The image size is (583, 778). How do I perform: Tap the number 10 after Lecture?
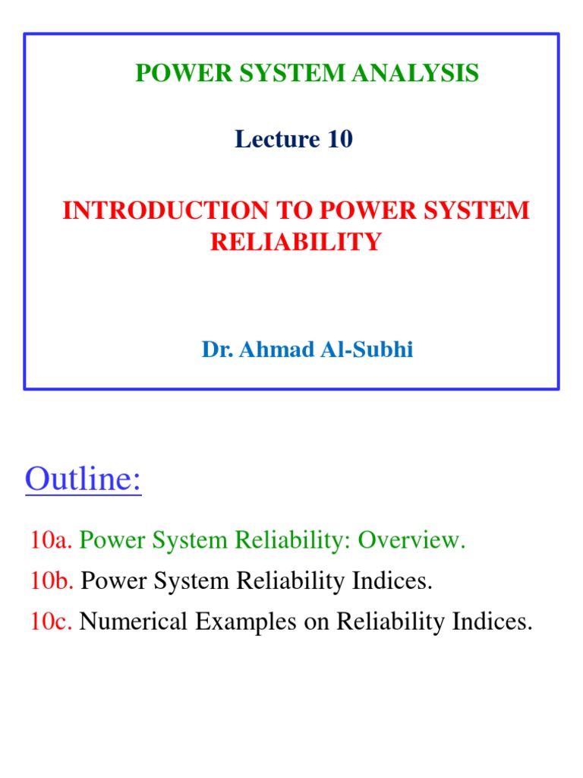[339, 139]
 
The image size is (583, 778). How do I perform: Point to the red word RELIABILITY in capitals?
[295, 242]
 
